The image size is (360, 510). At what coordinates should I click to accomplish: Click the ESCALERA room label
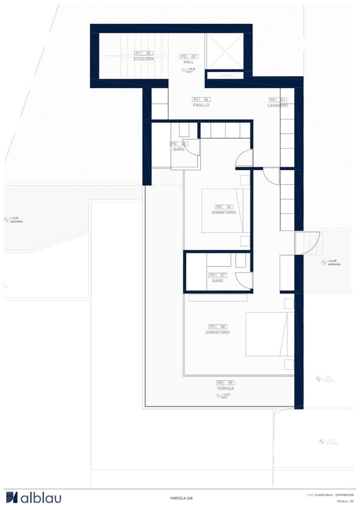(143, 59)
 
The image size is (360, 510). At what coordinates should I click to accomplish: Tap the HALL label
(189, 62)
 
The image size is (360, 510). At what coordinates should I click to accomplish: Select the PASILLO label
(201, 105)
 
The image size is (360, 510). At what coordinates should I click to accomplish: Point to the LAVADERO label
(278, 105)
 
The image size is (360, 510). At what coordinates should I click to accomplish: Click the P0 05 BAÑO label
(179, 150)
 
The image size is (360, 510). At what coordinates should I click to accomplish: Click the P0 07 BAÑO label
(217, 280)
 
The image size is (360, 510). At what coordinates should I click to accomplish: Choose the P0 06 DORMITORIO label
(224, 212)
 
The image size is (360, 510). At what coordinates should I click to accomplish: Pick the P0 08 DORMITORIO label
(218, 332)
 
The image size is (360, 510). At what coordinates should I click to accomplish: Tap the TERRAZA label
(225, 388)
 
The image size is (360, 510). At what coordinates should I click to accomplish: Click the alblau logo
(34, 498)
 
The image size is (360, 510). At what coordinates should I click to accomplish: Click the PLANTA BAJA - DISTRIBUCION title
(329, 495)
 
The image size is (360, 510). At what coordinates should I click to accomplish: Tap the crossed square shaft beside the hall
(224, 51)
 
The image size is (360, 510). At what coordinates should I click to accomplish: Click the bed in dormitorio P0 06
(225, 210)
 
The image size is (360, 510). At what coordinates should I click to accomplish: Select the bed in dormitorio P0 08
(269, 334)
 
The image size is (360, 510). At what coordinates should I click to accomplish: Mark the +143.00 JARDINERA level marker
(13, 220)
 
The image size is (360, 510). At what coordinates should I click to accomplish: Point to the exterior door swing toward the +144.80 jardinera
(307, 243)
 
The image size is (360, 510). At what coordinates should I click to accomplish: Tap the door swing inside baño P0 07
(244, 280)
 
